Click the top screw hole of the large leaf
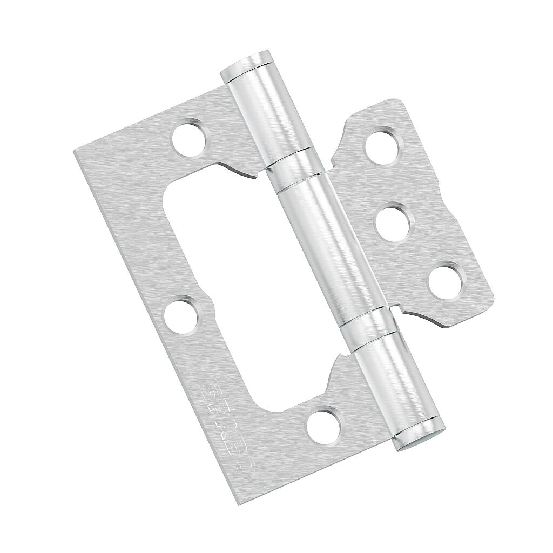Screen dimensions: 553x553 pyautogui.click(x=190, y=138)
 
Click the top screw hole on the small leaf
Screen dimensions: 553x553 pyautogui.click(x=383, y=146)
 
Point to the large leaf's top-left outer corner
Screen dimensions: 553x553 pyautogui.click(x=76, y=152)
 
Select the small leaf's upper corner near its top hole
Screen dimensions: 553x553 pyautogui.click(x=397, y=102)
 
